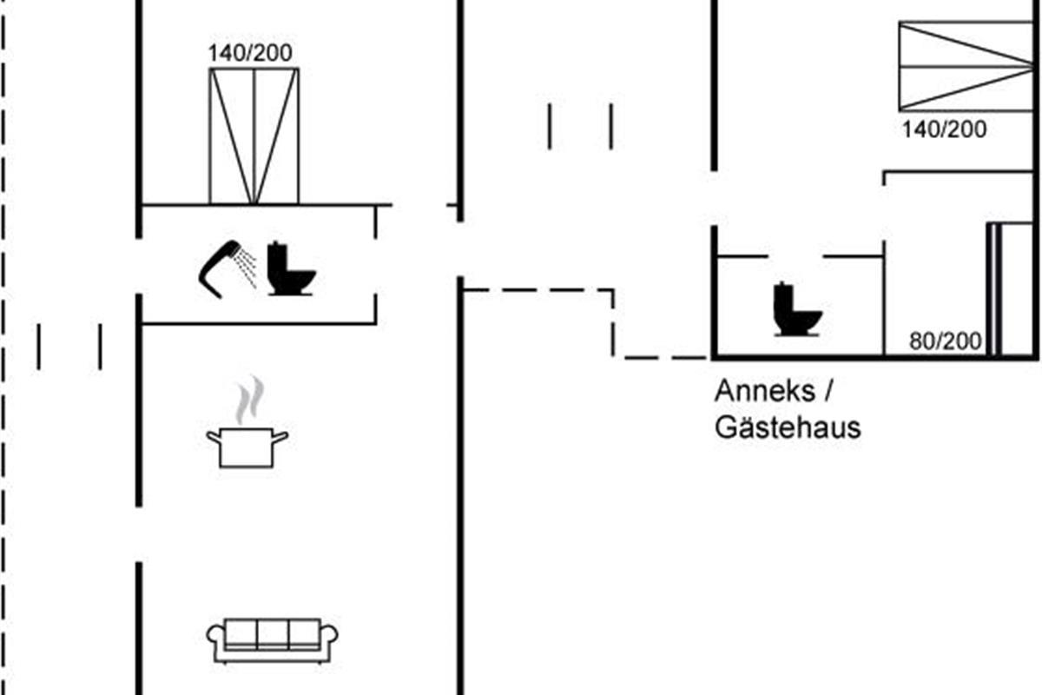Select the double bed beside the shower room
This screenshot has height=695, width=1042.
[x=254, y=136]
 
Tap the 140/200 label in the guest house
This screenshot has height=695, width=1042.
[x=944, y=130]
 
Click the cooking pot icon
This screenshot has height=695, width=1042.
[x=247, y=447]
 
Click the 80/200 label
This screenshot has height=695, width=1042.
[x=946, y=341]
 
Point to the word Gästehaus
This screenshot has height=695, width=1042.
[x=788, y=427]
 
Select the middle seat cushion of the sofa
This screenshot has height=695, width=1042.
[x=273, y=632]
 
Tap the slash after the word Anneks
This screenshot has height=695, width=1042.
[x=828, y=391]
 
